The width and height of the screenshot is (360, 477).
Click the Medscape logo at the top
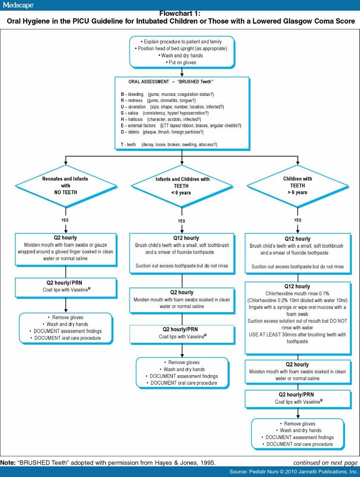click(17, 5)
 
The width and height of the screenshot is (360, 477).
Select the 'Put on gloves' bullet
click(181, 62)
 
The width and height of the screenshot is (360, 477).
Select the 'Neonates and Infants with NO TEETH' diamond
click(65, 185)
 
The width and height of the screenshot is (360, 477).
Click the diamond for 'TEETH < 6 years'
click(182, 186)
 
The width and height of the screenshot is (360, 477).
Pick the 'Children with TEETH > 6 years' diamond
click(297, 186)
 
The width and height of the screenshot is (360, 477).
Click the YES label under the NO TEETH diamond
click(65, 220)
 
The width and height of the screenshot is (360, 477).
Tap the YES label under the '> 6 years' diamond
click(297, 220)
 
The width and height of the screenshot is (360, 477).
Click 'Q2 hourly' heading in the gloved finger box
click(65, 238)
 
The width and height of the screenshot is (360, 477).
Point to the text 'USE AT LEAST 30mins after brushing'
click(297, 334)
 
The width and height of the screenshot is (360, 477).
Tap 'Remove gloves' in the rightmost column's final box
click(297, 424)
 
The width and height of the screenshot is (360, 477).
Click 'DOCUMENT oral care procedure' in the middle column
click(182, 383)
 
